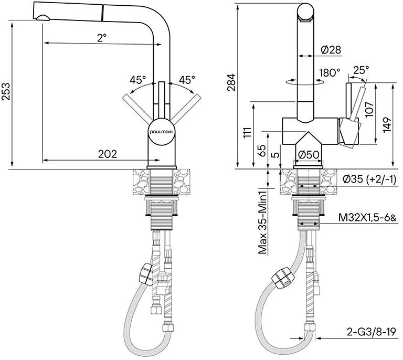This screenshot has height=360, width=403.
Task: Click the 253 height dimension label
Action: coord(6,91)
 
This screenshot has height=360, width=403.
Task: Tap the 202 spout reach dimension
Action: coord(108,154)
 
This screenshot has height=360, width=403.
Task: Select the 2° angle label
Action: coord(102,38)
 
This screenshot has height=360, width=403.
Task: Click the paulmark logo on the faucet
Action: coord(162,132)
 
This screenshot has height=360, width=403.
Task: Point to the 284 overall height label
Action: coord(231,82)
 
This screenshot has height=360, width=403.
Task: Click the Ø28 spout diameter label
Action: coord(331,49)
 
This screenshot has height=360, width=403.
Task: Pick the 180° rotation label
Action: coord(330,73)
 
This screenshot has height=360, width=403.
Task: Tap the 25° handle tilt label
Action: coord(361,70)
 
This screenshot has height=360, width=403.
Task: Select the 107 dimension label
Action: coord(369,109)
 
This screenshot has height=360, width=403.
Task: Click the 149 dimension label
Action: coord(387,125)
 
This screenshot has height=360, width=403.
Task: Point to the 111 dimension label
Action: coord(248,132)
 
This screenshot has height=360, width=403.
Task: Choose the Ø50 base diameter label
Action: coord(309,155)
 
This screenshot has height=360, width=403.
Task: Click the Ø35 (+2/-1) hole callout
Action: coord(369,179)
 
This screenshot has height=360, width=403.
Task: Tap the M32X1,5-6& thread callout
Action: coord(367,218)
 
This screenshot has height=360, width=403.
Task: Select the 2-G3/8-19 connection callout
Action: coord(371,332)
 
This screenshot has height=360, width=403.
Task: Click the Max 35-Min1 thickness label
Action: coord(263,221)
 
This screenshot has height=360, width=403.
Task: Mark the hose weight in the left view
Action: coord(146,274)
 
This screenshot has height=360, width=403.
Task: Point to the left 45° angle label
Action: coord(138,80)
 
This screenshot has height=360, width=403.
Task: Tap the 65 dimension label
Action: coord(261,151)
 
